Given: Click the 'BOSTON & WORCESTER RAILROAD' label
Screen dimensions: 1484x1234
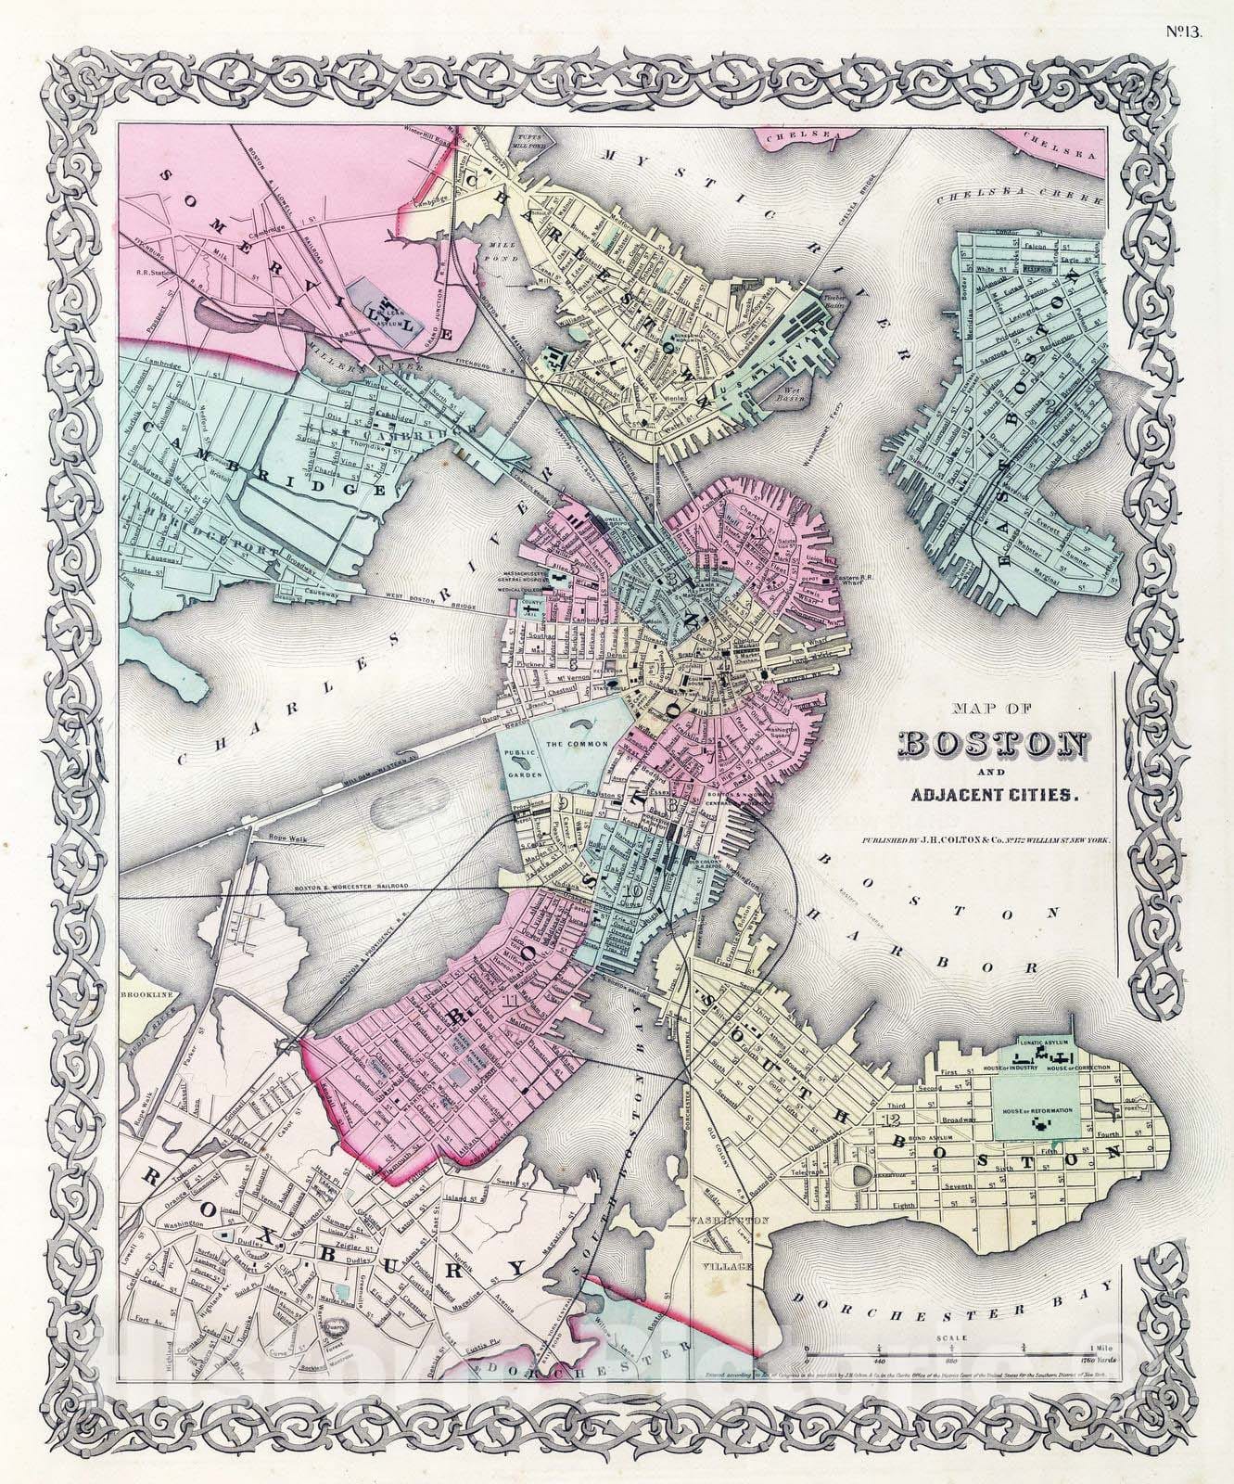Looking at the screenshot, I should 350,887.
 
